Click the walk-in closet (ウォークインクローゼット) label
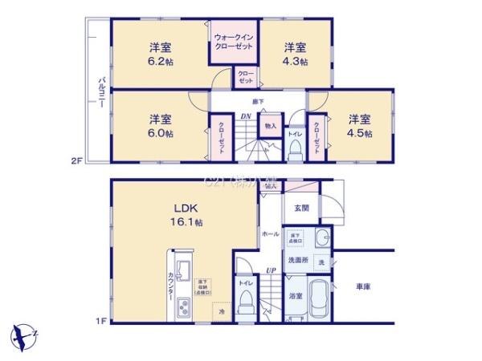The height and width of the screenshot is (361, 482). [x=234, y=42]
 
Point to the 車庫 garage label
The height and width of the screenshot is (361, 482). [x=363, y=286]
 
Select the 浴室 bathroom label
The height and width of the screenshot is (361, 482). [x=296, y=297]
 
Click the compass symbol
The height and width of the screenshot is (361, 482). [x=24, y=335]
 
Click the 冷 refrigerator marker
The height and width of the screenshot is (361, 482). [x=219, y=311]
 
